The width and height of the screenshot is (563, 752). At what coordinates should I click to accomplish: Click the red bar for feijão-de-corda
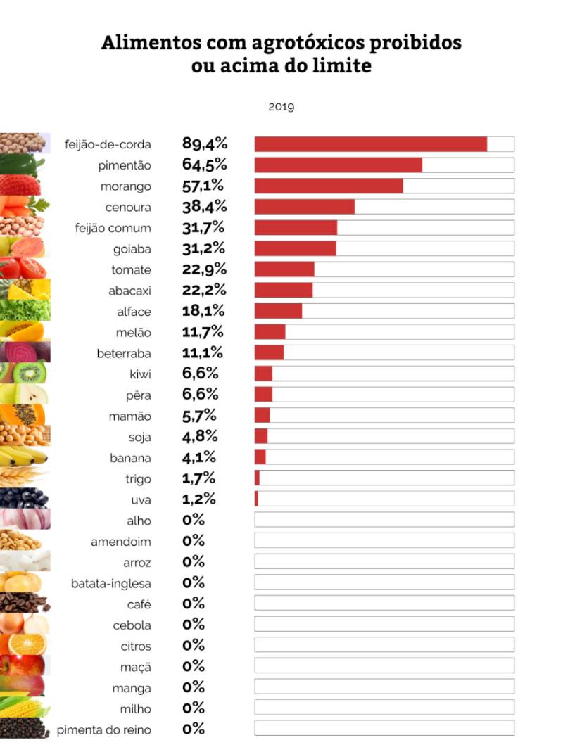[370, 144]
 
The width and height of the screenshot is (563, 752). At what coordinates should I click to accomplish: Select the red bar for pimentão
[338, 165]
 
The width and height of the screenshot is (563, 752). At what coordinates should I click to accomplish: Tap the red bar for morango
[329, 186]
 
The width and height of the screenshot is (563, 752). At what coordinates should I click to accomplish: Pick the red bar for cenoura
[304, 206]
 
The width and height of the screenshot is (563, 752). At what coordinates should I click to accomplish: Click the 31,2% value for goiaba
[203, 248]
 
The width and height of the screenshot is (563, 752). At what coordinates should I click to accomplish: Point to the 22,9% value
[204, 269]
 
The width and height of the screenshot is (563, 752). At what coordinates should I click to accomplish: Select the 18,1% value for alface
[203, 311]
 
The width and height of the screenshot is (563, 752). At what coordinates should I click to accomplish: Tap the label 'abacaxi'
[129, 291]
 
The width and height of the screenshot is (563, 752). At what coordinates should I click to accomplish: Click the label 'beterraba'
[124, 353]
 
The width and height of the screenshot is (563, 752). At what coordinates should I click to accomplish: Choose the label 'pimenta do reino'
[103, 729]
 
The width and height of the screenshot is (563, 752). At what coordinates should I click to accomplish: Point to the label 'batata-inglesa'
[111, 583]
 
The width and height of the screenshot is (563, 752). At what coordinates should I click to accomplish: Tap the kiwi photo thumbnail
[24, 373]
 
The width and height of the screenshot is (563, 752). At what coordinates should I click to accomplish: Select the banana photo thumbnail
[24, 457]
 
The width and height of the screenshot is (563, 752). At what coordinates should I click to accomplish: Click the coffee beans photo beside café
[24, 603]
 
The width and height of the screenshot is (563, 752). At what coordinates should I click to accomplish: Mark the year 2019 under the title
[281, 108]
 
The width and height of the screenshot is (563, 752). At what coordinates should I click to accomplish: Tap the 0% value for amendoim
[193, 541]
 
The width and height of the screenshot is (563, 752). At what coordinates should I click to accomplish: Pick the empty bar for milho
[384, 707]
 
